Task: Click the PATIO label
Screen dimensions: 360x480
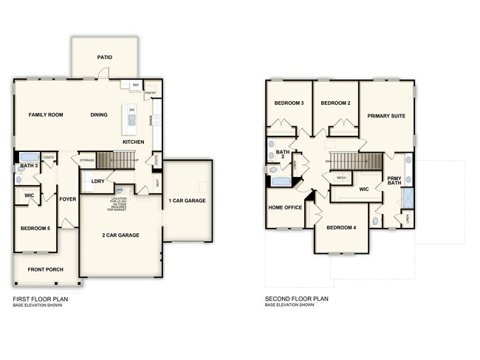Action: click(104, 57)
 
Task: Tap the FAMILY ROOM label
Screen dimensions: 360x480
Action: click(46, 115)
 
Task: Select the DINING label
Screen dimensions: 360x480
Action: click(99, 115)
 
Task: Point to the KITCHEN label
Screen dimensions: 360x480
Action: click(133, 142)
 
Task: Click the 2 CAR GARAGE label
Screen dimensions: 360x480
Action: click(120, 235)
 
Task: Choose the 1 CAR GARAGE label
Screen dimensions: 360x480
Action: click(187, 201)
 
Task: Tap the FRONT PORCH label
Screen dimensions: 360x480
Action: click(46, 269)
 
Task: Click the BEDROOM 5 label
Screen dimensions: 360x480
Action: click(35, 229)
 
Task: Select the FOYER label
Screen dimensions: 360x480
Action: click(68, 198)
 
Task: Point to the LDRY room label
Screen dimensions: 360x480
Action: click(97, 181)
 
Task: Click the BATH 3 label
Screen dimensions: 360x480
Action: click(29, 166)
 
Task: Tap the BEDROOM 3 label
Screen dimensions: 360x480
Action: click(289, 103)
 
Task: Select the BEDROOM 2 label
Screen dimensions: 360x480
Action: click(335, 103)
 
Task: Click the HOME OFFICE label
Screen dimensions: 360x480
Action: click(285, 208)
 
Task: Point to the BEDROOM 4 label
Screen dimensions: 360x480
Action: click(341, 228)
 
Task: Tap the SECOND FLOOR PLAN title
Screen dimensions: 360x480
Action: click(296, 299)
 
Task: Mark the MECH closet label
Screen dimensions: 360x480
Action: click(341, 178)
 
